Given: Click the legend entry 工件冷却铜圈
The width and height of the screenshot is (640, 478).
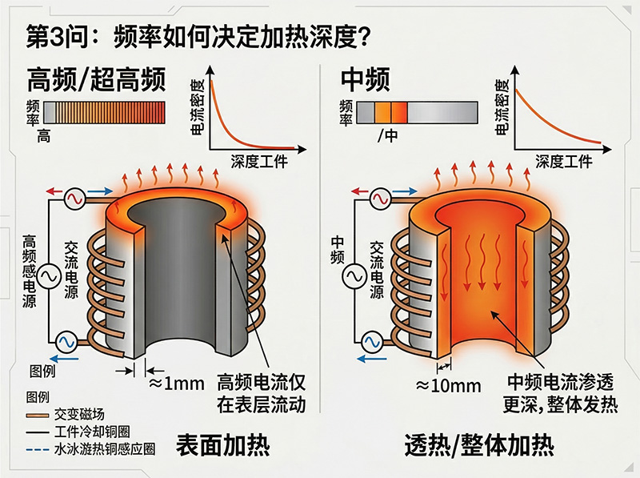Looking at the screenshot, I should click(94, 432).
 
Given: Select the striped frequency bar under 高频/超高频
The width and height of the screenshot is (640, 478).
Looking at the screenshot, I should click(104, 111).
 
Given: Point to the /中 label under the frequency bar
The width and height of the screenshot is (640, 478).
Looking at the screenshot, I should click(387, 135).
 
